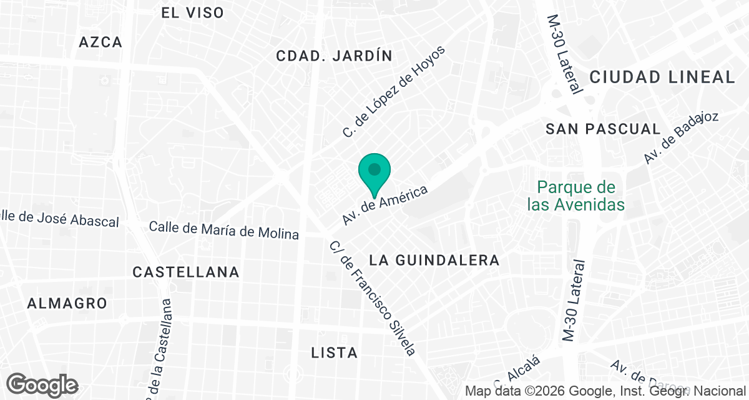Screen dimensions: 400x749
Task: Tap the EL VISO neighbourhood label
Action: (192, 12)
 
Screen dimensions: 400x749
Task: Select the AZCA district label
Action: (100, 42)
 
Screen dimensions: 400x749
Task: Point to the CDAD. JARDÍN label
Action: (334, 56)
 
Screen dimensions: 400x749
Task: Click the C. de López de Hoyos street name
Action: (395, 92)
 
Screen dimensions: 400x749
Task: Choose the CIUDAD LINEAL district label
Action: (662, 77)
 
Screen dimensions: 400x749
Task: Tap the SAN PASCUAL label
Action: (602, 129)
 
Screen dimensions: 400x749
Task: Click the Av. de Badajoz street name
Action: (682, 137)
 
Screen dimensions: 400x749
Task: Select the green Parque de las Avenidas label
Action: (575, 196)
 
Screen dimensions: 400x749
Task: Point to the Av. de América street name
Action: (384, 205)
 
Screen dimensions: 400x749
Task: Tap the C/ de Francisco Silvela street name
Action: (372, 298)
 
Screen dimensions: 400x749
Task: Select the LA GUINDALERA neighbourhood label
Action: (434, 260)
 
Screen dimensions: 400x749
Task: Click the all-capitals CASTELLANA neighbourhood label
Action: (186, 272)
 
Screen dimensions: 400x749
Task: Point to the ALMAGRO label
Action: (67, 303)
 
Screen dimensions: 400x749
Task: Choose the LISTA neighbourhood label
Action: (334, 352)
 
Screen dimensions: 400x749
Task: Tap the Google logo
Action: (42, 384)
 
